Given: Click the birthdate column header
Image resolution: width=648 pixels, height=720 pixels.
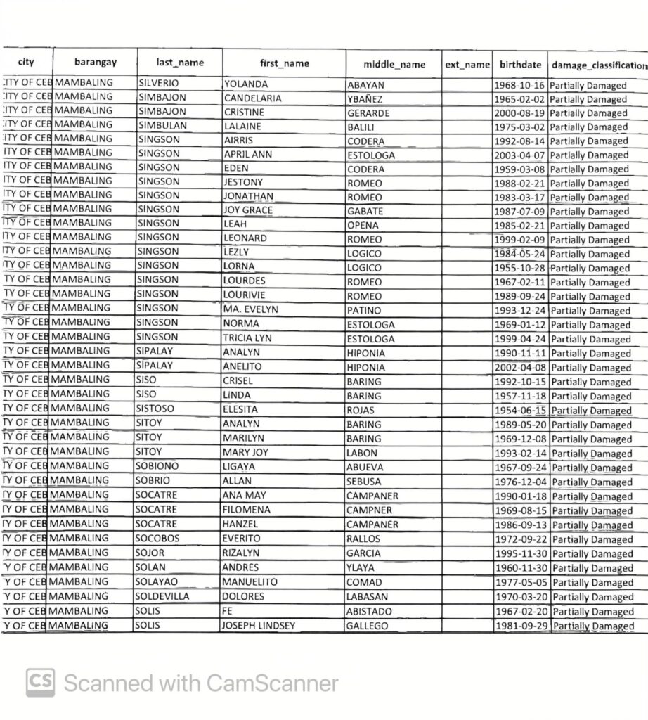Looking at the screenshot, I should click(x=520, y=64).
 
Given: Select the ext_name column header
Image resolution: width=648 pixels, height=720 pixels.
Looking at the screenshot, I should click(x=467, y=64).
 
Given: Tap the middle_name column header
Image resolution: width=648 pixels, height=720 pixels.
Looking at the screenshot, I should click(x=394, y=64).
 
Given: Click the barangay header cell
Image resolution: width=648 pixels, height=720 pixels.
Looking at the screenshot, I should click(x=95, y=62).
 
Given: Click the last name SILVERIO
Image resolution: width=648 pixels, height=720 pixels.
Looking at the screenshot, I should click(x=160, y=84).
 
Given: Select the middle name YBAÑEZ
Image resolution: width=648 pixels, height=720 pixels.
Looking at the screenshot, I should click(x=363, y=98).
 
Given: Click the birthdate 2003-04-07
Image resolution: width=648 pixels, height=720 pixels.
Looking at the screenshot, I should click(x=521, y=155).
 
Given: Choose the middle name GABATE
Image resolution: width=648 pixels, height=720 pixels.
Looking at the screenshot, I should click(x=365, y=211).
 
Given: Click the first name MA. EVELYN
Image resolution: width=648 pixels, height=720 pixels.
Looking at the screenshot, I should click(x=251, y=309).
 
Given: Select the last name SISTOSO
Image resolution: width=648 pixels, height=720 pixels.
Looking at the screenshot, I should click(x=156, y=409).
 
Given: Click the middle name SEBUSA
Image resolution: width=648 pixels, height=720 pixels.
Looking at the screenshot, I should click(x=364, y=482).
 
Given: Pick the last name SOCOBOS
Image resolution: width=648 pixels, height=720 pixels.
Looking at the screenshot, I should click(x=159, y=539).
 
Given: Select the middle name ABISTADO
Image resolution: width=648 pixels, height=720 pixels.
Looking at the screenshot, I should click(x=369, y=611).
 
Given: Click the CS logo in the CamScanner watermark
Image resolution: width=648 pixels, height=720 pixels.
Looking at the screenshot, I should click(x=41, y=683).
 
